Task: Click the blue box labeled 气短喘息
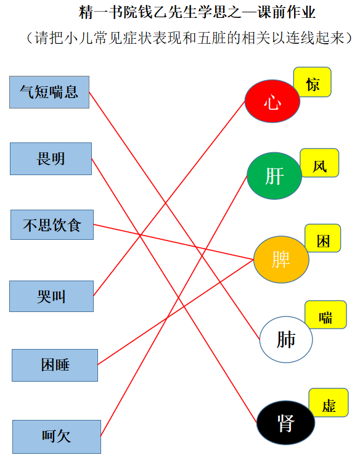click(x=49, y=92)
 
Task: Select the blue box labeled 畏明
click(x=51, y=158)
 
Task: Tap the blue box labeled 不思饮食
click(x=52, y=224)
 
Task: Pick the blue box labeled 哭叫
click(x=51, y=297)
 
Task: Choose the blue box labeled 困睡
click(x=55, y=365)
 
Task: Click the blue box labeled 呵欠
click(x=57, y=437)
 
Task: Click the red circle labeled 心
click(x=272, y=101)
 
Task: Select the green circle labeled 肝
click(x=274, y=176)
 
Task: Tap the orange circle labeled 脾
click(x=281, y=260)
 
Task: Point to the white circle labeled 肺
click(x=286, y=339)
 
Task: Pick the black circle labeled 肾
click(x=286, y=422)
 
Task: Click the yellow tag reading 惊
click(x=313, y=82)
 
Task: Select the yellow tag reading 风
click(x=319, y=163)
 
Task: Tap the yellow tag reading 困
click(x=323, y=238)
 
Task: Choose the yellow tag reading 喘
click(x=326, y=314)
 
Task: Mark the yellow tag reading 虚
click(x=329, y=403)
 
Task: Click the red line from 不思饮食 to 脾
click(x=173, y=242)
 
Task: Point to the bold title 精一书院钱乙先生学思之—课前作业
click(x=197, y=12)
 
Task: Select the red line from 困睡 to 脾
click(x=176, y=312)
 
